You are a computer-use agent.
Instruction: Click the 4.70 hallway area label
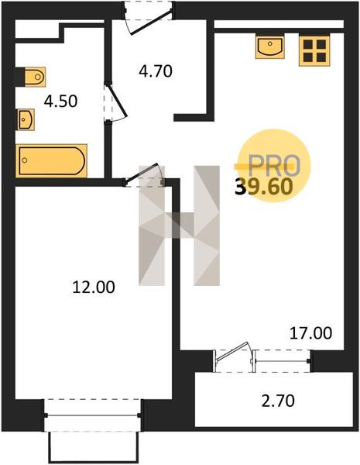[156, 71]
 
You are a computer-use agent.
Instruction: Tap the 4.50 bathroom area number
[60, 101]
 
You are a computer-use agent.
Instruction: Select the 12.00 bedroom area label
[94, 288]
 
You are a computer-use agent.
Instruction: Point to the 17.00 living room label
[310, 333]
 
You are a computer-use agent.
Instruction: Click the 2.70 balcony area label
[278, 401]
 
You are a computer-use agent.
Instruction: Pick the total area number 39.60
[264, 187]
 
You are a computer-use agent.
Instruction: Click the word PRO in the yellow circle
[274, 165]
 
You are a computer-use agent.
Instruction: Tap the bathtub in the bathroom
[51, 160]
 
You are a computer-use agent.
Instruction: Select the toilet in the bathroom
[31, 77]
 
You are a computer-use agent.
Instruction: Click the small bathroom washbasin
[26, 119]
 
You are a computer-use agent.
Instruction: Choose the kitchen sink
[270, 47]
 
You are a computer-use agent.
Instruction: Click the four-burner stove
[314, 50]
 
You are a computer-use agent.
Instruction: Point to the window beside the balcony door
[282, 361]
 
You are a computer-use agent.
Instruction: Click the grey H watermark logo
[180, 226]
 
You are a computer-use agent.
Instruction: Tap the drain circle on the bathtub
[25, 160]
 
